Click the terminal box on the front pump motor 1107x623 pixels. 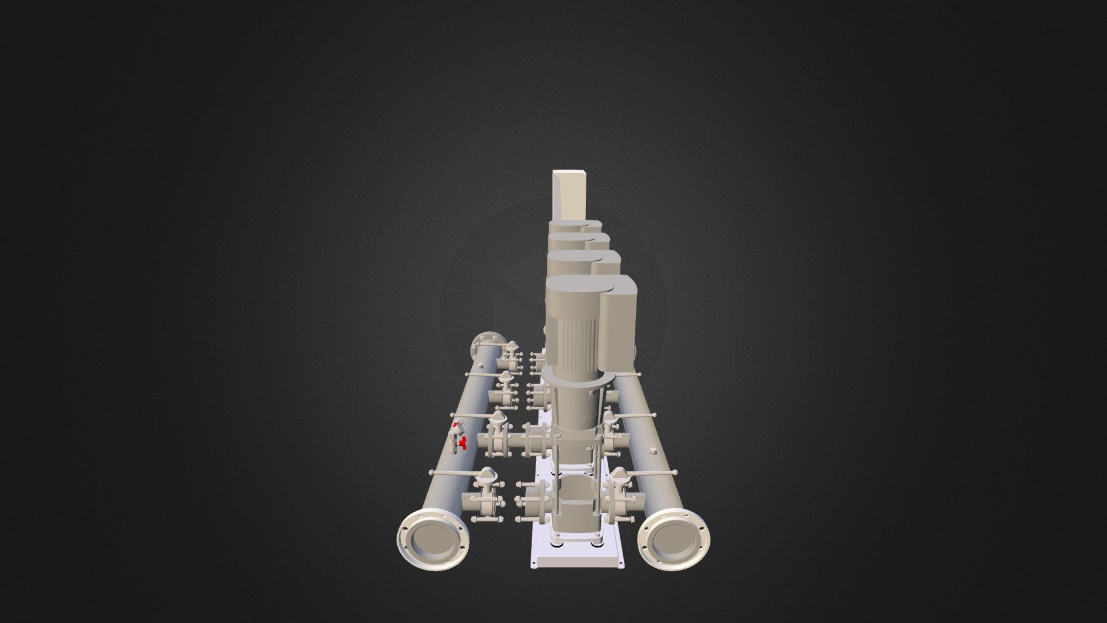pos(617,323)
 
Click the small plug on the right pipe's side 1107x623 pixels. pos(652,449)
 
